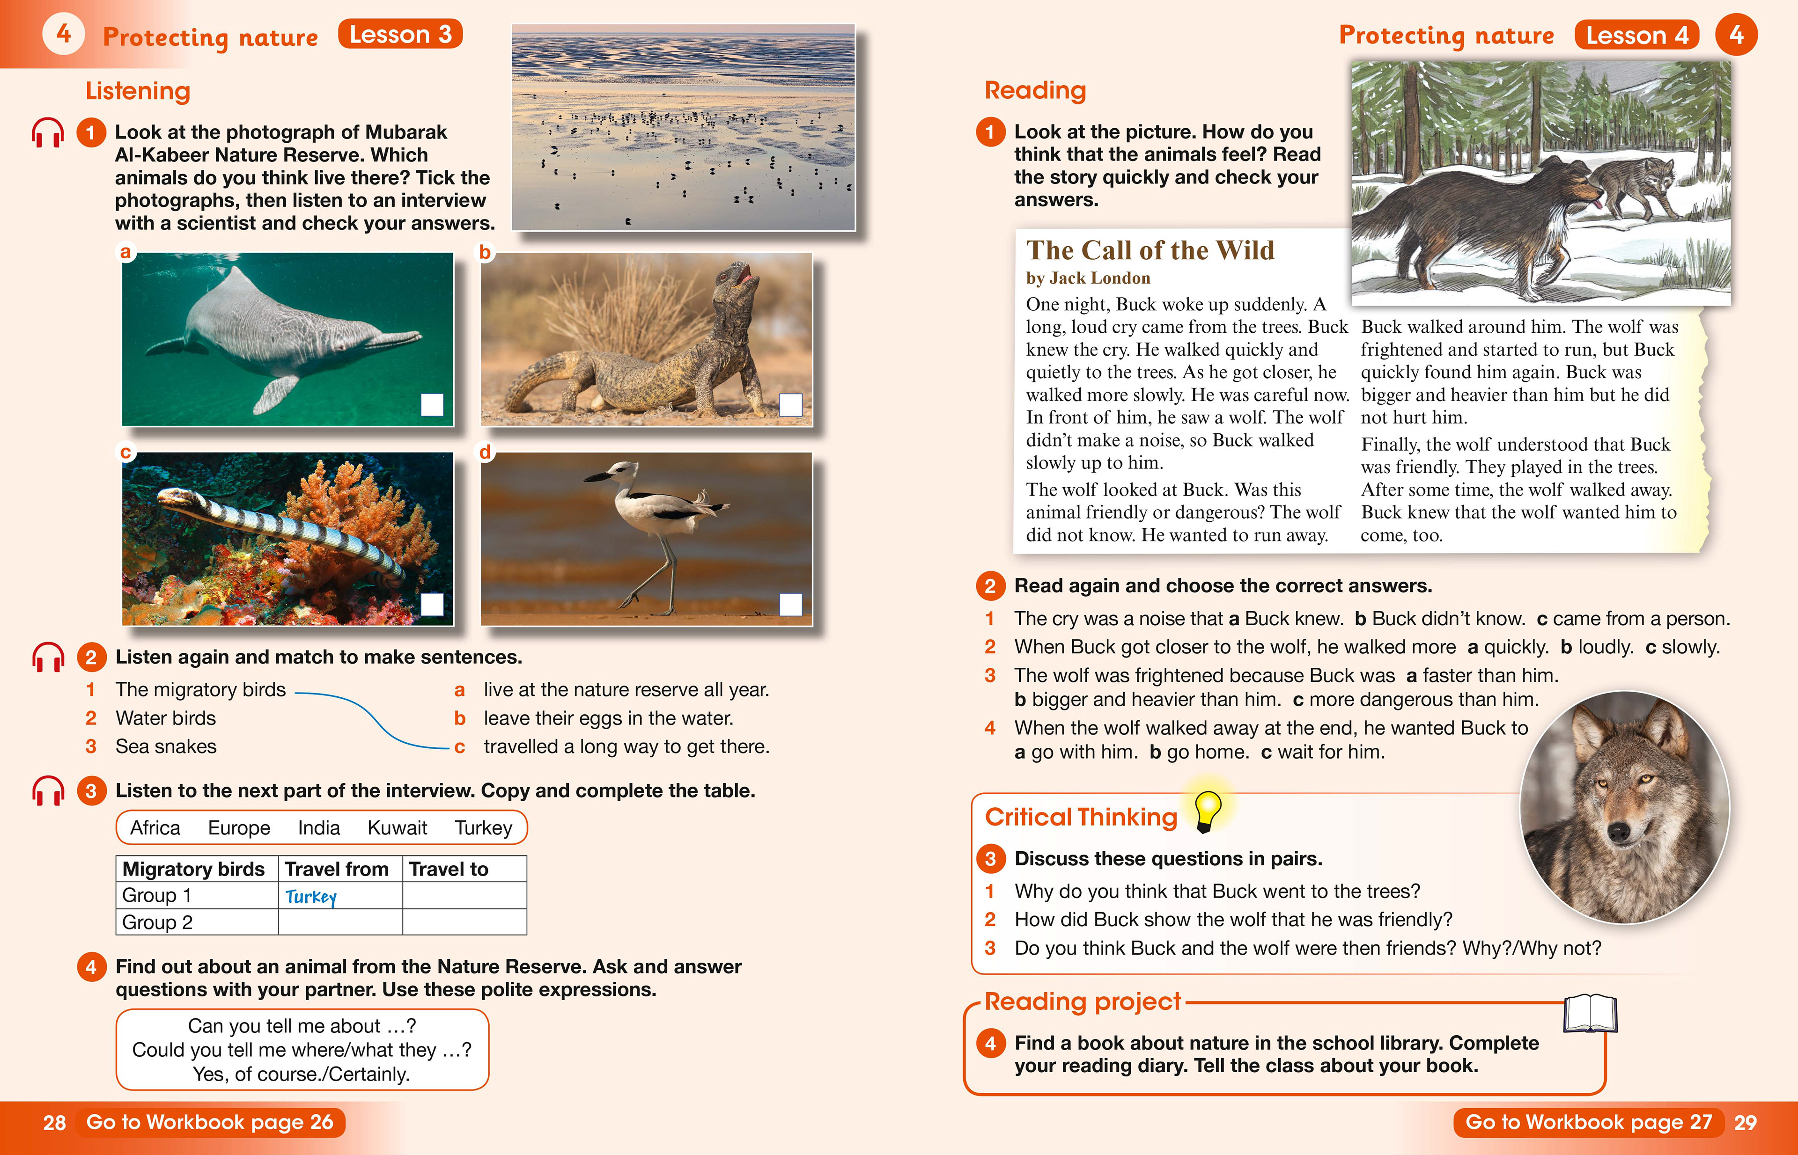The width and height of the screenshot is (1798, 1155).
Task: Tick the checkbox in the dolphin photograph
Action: [x=432, y=404]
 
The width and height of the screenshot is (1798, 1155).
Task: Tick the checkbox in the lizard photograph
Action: [x=791, y=404]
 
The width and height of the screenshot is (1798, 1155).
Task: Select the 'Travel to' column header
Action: [x=449, y=869]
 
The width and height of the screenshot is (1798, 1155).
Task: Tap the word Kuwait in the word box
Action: [x=397, y=828]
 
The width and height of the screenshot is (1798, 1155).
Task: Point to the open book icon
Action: [x=1590, y=1014]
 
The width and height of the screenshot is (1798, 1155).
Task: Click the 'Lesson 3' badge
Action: [x=400, y=35]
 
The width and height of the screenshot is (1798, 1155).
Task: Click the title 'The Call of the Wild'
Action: [x=1150, y=250]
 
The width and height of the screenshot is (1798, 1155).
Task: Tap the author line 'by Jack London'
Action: [x=1088, y=278]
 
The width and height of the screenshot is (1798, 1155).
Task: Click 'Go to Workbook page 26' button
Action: [x=210, y=1122]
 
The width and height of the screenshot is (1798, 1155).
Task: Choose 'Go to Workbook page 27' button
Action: [x=1589, y=1122]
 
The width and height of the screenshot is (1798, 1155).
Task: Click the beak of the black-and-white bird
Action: [x=597, y=477]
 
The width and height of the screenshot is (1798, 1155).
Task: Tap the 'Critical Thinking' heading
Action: [x=1081, y=817]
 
